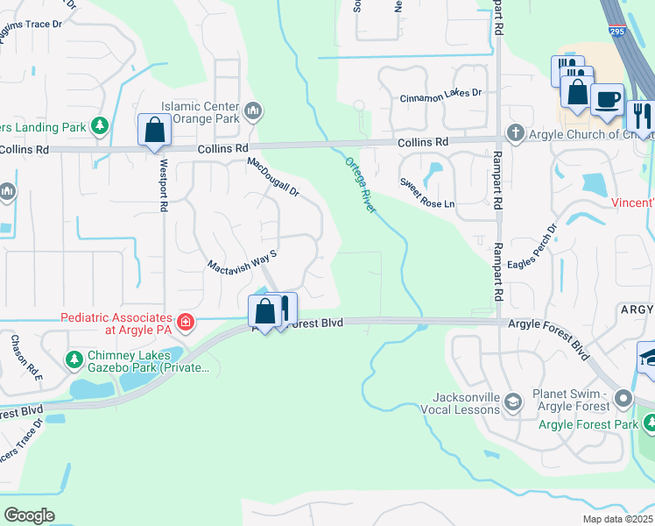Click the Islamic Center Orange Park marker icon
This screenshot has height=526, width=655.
click(x=254, y=110)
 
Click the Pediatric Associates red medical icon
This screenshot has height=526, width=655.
click(x=185, y=323)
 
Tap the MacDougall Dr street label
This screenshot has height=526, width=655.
click(x=273, y=177)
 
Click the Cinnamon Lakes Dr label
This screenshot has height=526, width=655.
click(x=441, y=93)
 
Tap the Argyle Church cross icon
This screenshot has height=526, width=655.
click(x=516, y=133)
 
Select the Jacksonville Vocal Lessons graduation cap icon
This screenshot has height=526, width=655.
click(x=513, y=402)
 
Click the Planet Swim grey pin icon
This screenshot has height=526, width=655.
click(x=623, y=399)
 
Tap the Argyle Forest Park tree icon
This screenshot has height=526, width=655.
click(x=648, y=424)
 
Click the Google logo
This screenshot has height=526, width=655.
click(x=29, y=515)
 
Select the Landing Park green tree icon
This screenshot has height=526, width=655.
click(x=100, y=127)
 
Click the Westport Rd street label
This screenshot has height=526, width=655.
click(x=163, y=184)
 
